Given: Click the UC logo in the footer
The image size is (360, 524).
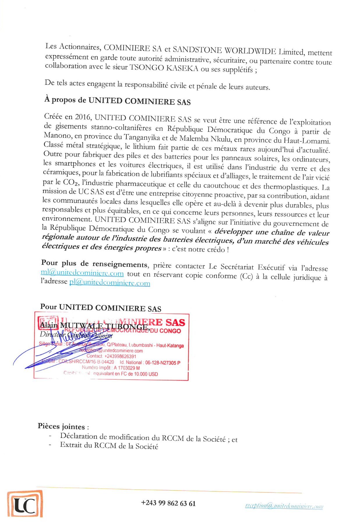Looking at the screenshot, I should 25,504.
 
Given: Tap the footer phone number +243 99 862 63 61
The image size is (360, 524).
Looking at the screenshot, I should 168,503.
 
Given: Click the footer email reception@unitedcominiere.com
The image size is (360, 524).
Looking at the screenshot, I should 284,506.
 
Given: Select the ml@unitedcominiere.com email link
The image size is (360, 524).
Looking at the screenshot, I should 82,273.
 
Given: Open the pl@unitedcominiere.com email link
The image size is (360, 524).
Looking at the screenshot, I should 110,282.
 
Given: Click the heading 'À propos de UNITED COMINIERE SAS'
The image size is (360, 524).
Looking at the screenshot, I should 117,101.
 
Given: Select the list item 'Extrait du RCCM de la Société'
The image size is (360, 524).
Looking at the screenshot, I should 109,446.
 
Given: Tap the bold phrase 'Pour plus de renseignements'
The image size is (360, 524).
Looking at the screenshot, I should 94,264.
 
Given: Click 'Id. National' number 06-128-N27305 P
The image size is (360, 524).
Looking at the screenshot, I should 163,362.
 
